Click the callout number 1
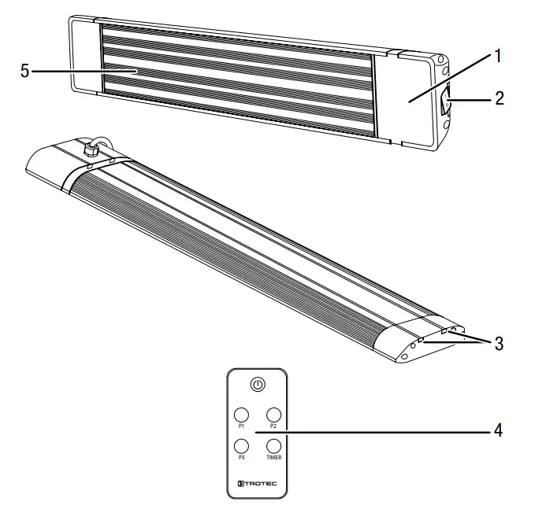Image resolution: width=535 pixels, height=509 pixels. click(498, 57)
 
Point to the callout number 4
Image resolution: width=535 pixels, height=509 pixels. click(498, 430)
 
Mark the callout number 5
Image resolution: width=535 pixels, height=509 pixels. click(24, 71)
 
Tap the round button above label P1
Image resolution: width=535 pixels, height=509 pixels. click(242, 414)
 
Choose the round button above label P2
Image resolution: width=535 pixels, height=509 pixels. click(273, 414)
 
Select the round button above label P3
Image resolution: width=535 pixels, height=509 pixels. click(242, 446)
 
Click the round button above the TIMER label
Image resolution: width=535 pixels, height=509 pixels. click(273, 446)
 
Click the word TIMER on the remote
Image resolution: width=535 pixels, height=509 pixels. click(273, 458)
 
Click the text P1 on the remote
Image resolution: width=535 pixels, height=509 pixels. click(242, 426)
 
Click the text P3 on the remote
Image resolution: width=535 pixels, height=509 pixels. click(242, 458)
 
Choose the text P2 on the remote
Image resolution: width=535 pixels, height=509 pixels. click(273, 426)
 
